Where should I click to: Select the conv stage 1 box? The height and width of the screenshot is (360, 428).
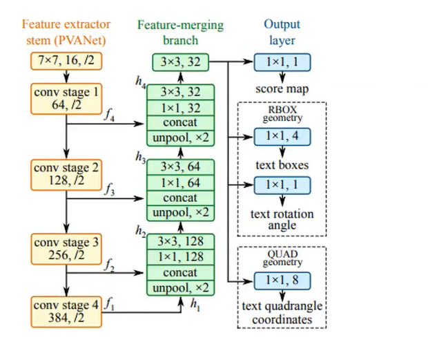66,99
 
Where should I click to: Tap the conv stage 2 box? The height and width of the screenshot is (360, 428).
66,174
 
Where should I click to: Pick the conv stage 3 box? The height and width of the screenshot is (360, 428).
66,249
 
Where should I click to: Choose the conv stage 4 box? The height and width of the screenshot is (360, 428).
66,312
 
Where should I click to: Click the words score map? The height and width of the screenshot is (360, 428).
282,88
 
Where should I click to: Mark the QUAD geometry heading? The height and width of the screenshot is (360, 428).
282,257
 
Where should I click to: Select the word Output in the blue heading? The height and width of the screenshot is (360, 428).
282,25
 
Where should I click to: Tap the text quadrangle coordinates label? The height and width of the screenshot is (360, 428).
282,313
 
